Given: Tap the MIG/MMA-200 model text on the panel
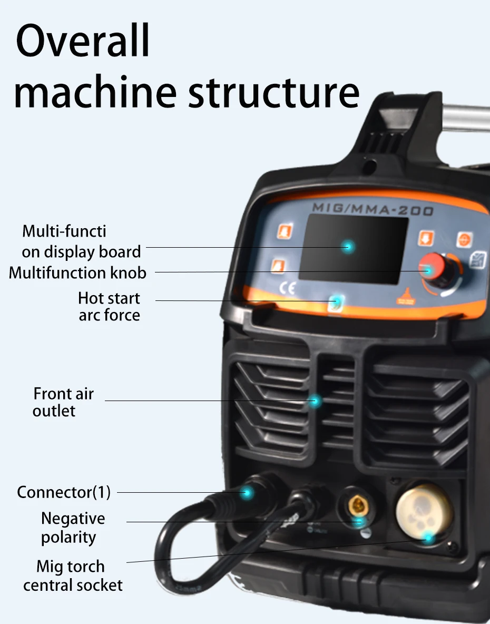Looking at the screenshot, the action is tap(373, 209).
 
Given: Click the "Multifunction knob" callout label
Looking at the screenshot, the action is tap(77, 273).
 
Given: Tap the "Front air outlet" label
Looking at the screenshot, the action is tap(63, 402).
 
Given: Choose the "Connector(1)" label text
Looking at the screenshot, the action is tap(64, 492).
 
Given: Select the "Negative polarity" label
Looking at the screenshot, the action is tap(73, 528).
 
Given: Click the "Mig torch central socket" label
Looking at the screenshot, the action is tap(73, 576).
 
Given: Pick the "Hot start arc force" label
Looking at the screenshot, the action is tap(109, 306).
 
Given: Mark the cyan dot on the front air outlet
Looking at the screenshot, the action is tap(315, 401).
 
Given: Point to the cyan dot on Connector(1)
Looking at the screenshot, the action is tap(247, 493).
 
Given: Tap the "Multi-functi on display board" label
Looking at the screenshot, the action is tap(80, 241).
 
